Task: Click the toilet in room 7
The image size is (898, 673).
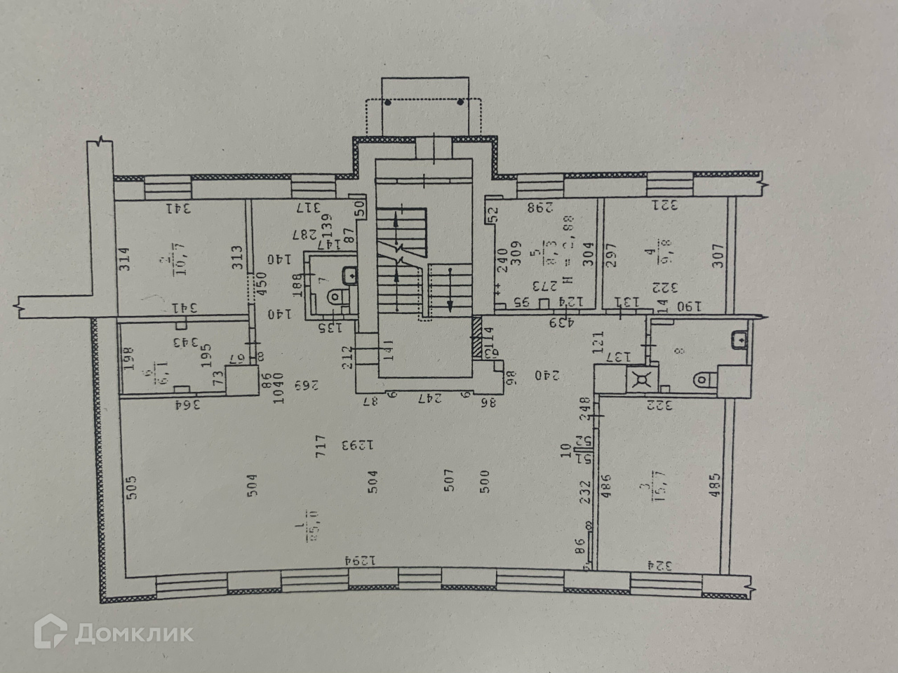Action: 338,298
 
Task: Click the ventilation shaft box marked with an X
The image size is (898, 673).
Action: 639,379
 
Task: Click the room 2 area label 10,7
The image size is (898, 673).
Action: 169,265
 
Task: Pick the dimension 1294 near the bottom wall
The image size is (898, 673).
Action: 356,560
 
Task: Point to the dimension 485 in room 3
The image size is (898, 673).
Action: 715,482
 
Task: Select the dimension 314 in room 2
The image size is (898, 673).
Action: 126,259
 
